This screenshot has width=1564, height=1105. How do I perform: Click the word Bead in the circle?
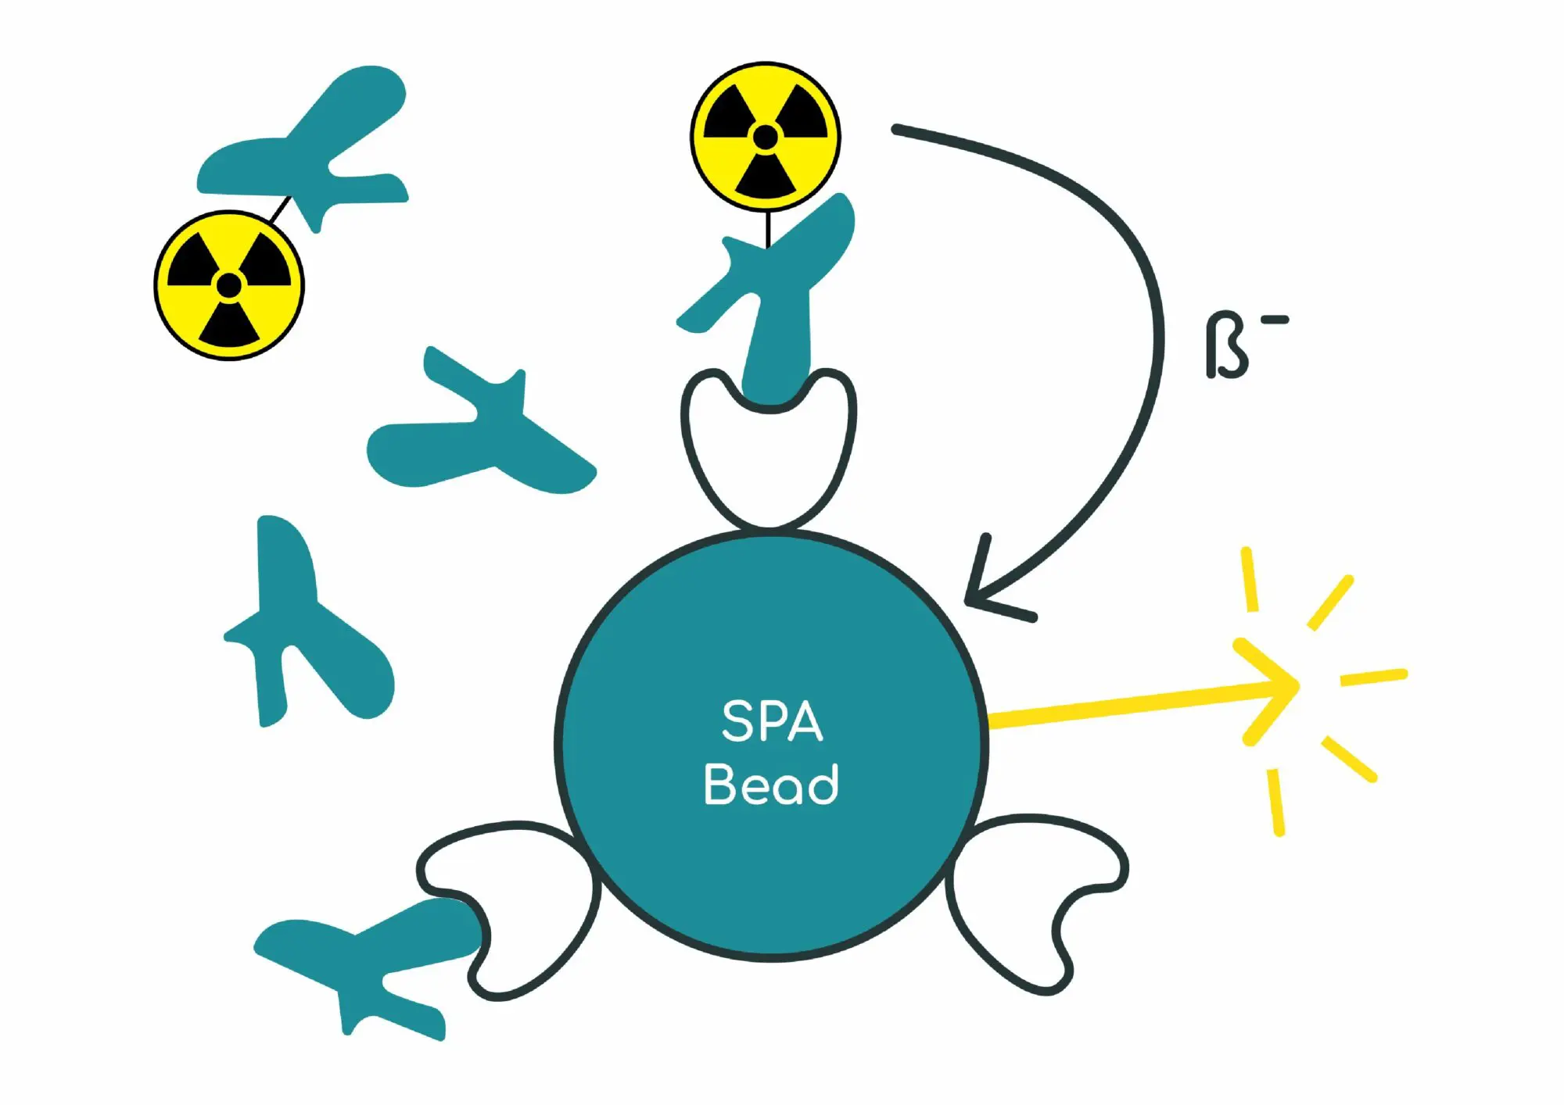tap(771, 784)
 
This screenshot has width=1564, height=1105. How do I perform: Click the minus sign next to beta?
tap(1275, 320)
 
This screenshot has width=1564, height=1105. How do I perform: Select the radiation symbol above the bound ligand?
tap(766, 137)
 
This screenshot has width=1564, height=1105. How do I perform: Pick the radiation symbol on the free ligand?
tap(229, 285)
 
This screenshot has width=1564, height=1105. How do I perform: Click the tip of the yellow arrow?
tap(1294, 686)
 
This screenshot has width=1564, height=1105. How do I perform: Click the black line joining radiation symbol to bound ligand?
tap(768, 228)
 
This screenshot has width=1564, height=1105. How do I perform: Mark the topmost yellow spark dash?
tap(1250, 579)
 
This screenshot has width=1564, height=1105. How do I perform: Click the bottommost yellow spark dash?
tap(1275, 802)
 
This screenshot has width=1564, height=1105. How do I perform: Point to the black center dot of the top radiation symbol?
tap(766, 137)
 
